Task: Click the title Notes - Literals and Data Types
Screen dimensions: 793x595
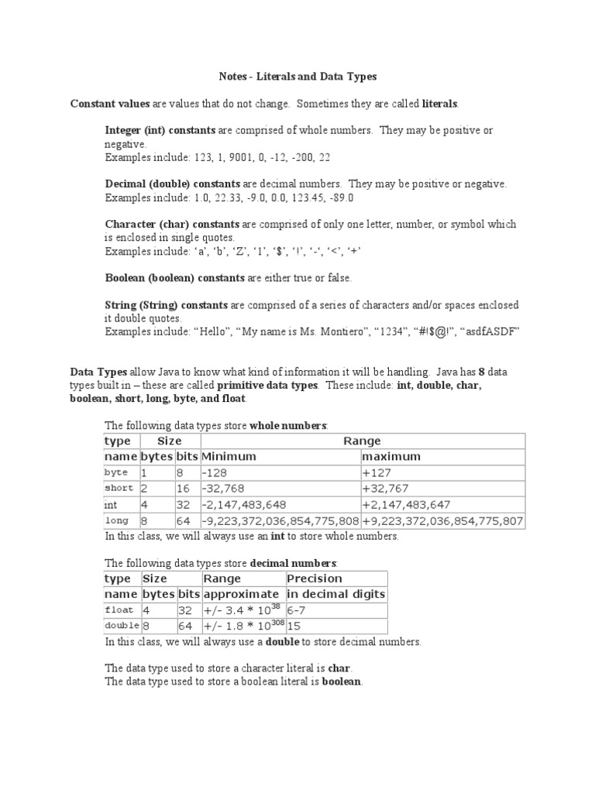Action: [x=296, y=77]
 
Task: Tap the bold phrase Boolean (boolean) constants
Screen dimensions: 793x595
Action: [x=162, y=277]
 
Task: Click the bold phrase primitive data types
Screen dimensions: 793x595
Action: [x=267, y=385]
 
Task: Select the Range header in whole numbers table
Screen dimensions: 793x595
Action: [x=362, y=441]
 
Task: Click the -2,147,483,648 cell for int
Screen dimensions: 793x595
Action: [x=244, y=504]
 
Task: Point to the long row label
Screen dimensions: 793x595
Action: [x=116, y=520]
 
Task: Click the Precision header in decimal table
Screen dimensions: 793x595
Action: [x=314, y=578]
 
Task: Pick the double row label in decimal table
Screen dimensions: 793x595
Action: [x=121, y=626]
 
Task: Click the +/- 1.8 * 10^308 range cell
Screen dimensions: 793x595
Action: [x=242, y=625]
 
